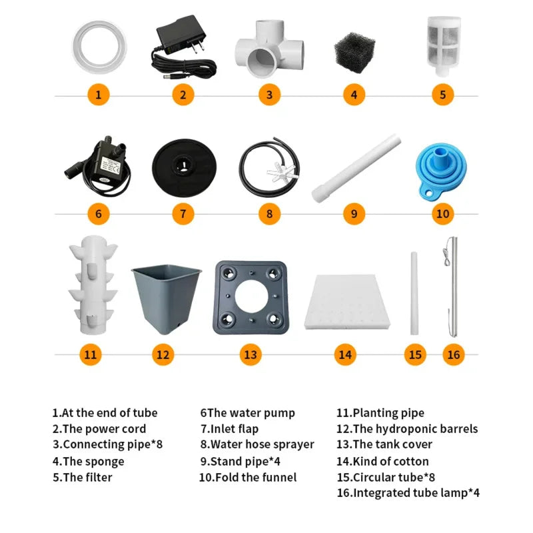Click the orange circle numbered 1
click(x=99, y=95)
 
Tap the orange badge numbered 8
click(x=269, y=214)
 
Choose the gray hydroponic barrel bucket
click(x=166, y=296)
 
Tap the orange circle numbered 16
click(x=454, y=354)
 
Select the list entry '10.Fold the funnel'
click(x=248, y=477)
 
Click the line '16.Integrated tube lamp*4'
click(x=408, y=493)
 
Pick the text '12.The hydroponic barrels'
click(x=407, y=428)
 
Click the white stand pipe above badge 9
click(x=356, y=168)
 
